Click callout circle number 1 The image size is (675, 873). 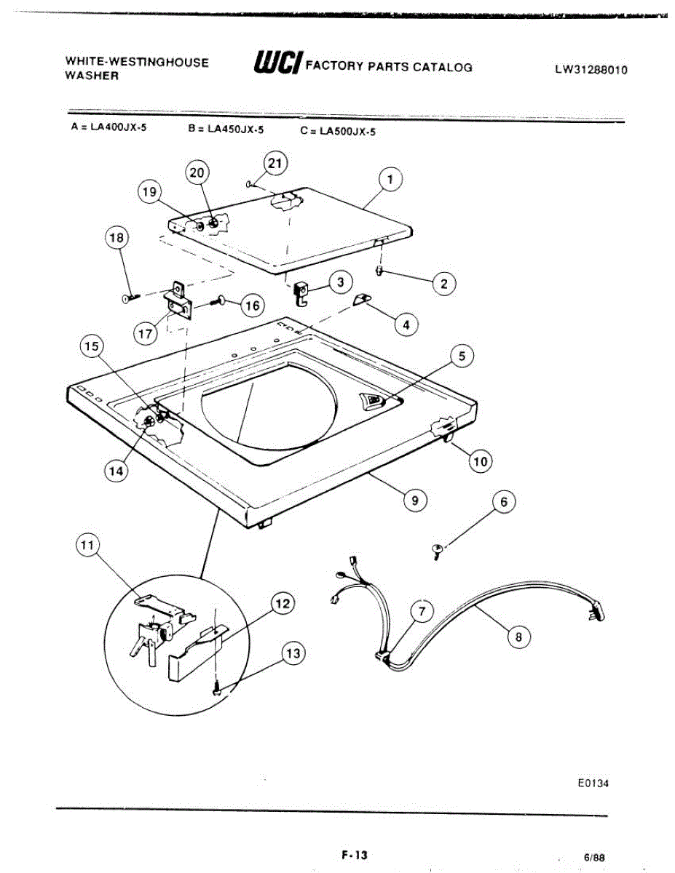coord(390,179)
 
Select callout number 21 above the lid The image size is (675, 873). coord(275,164)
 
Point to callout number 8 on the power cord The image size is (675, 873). coord(518,637)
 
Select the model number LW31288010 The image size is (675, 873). coord(591,70)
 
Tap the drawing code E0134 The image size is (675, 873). coord(590,784)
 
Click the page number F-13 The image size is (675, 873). coord(353,856)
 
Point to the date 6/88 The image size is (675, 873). coord(593,858)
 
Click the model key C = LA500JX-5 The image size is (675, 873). coord(337,132)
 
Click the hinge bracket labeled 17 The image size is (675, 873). coord(178,300)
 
